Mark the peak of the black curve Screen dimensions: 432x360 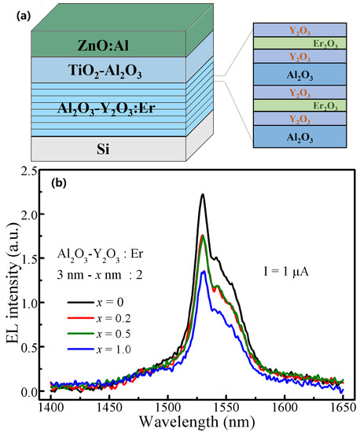(202, 195)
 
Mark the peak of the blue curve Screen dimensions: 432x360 (204, 271)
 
